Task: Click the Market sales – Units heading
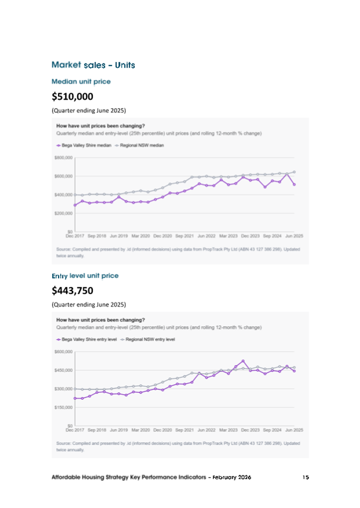click(x=93, y=65)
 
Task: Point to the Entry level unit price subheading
click(x=85, y=276)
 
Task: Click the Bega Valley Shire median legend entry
click(x=84, y=145)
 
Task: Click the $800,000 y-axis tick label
click(x=63, y=158)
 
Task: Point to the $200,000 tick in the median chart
click(x=63, y=213)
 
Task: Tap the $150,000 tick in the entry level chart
click(x=63, y=407)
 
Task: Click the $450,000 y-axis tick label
click(x=63, y=370)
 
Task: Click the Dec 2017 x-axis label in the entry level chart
click(x=75, y=429)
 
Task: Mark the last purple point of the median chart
click(x=294, y=184)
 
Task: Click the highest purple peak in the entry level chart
click(x=243, y=361)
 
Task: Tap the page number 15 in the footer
click(x=306, y=478)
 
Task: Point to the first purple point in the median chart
click(x=75, y=205)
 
